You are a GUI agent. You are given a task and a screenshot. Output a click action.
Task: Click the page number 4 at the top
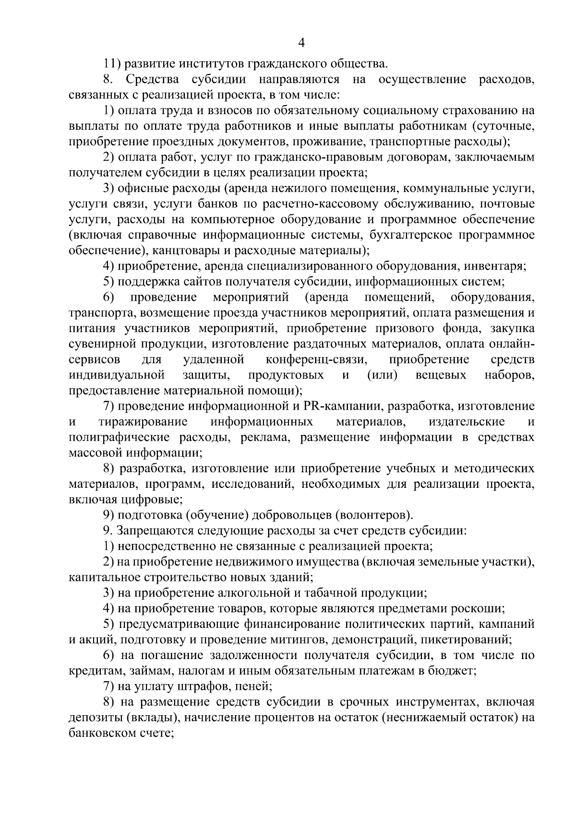coord(301,43)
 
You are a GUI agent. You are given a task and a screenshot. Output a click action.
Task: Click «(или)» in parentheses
coord(382,375)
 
